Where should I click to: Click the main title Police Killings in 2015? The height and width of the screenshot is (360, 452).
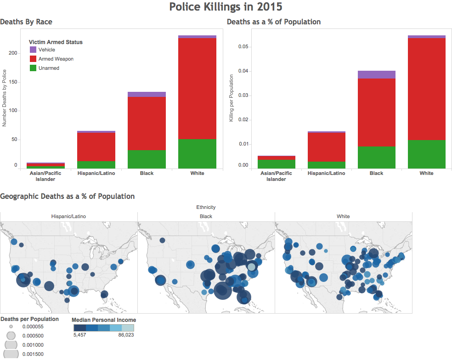226,7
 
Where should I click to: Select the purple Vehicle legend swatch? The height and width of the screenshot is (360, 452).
33,50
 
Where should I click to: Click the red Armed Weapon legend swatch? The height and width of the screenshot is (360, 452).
33,59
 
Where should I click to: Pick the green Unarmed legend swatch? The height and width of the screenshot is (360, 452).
33,68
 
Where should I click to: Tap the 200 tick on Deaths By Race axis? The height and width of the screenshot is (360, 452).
13,53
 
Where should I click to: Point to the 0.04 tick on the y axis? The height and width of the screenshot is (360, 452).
243,71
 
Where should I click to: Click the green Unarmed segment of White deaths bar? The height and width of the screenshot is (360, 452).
197,154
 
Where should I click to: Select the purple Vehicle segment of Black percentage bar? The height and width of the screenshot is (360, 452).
377,75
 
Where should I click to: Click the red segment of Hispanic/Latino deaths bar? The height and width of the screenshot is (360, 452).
96,147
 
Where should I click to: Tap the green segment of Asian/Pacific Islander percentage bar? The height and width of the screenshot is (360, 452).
277,164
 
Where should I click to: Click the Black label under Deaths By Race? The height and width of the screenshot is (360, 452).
147,173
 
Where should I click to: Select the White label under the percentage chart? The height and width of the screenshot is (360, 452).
426,173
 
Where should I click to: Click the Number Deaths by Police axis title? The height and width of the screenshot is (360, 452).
4,98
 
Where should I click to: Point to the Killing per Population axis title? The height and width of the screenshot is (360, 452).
231,98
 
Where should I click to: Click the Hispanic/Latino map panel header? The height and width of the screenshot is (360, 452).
68,216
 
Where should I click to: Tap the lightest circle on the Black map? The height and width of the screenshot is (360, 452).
252,267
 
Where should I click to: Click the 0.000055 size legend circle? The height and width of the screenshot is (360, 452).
11,326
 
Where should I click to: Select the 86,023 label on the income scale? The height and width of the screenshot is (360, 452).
126,335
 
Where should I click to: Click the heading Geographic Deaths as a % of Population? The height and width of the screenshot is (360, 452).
68,196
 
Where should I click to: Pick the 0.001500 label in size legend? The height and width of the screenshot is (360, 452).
33,354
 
